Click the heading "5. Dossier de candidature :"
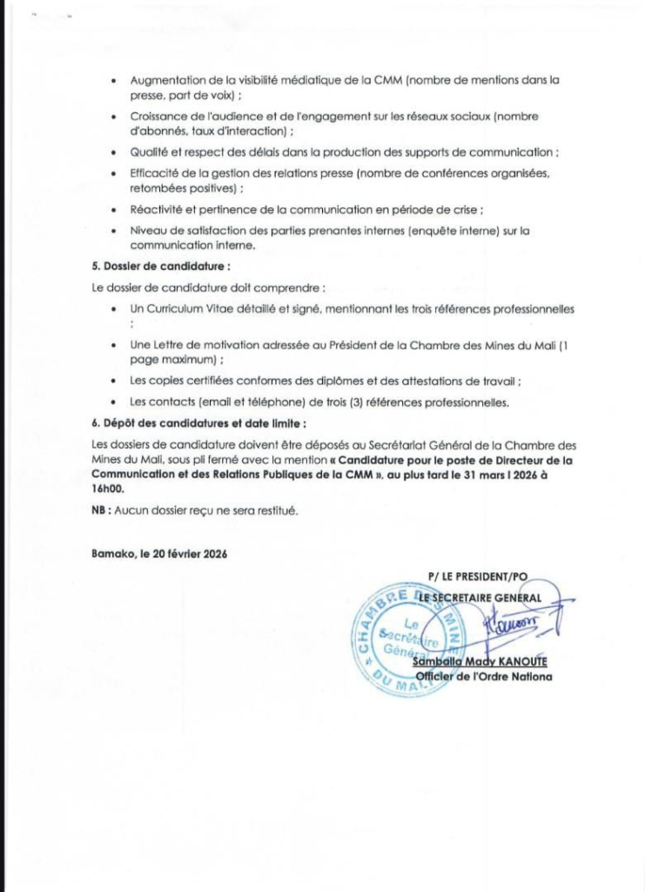click(161, 266)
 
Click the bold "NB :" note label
click(101, 511)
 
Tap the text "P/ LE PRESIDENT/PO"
click(478, 577)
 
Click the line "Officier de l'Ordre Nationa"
click(483, 676)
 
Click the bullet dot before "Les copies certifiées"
click(116, 382)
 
